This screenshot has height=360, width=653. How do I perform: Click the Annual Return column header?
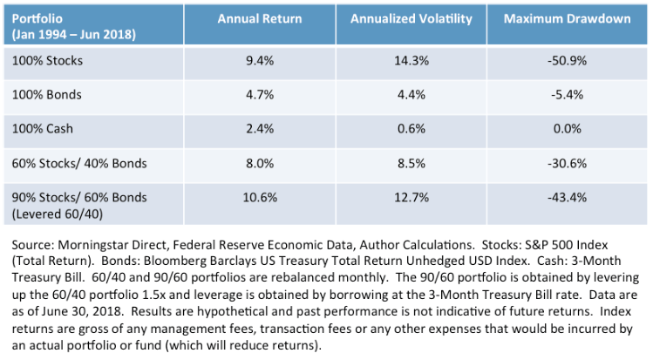click(260, 18)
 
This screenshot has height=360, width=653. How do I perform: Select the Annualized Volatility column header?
click(411, 18)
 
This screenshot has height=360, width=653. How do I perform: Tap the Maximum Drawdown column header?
click(567, 18)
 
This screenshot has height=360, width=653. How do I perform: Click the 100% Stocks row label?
click(47, 61)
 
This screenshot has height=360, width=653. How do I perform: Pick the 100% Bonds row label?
click(47, 95)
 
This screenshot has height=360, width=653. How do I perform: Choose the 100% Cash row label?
click(42, 129)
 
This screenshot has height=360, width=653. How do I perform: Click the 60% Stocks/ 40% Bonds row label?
click(79, 163)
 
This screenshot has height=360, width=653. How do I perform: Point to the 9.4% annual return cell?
click(260, 61)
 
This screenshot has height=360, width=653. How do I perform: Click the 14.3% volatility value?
click(412, 61)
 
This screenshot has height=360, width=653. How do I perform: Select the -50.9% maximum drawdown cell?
click(567, 61)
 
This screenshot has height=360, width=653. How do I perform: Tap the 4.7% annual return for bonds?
click(260, 95)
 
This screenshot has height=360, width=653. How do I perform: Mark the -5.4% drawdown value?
click(567, 95)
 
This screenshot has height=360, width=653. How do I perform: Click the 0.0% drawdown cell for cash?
click(568, 129)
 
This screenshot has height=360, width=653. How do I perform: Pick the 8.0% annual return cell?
click(260, 163)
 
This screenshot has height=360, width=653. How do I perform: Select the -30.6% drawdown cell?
click(567, 163)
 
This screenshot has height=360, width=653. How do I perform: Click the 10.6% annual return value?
click(260, 197)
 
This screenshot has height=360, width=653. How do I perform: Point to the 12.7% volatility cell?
click(412, 197)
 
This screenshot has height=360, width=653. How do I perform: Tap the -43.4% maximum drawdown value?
click(567, 197)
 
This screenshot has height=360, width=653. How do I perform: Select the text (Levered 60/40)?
click(57, 214)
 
